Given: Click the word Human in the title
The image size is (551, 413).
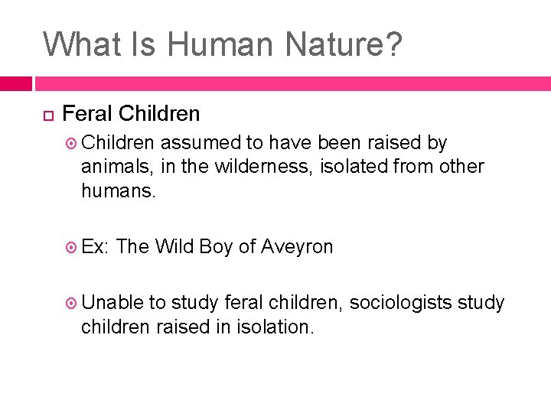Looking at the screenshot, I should (x=216, y=44).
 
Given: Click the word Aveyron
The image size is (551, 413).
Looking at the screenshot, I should (x=297, y=246).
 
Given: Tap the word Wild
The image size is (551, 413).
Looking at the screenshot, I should (x=174, y=246).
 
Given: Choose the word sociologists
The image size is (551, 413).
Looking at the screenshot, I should (x=403, y=303).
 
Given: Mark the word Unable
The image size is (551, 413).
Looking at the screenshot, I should (x=112, y=303).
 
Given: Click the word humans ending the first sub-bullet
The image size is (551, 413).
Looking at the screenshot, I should (x=118, y=190).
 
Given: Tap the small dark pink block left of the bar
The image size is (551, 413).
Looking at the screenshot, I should (x=15, y=83).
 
